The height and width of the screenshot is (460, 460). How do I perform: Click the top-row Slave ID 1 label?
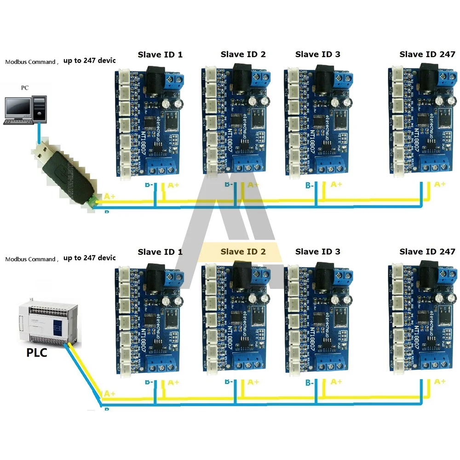160,54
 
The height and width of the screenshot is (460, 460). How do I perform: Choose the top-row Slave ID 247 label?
427,54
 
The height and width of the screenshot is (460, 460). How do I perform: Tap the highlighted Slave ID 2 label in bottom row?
243,252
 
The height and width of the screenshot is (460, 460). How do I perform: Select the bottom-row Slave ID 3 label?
318,252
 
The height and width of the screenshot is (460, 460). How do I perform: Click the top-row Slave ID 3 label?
318,54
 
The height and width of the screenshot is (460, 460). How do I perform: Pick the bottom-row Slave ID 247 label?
427,252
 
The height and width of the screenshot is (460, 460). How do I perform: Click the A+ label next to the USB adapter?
110,196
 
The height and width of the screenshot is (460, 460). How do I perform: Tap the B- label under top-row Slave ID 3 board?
310,186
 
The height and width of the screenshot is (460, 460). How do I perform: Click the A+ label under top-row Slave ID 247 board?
440,184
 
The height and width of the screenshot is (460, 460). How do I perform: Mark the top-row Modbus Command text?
30,62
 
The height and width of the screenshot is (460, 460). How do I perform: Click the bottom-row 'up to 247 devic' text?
89,258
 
